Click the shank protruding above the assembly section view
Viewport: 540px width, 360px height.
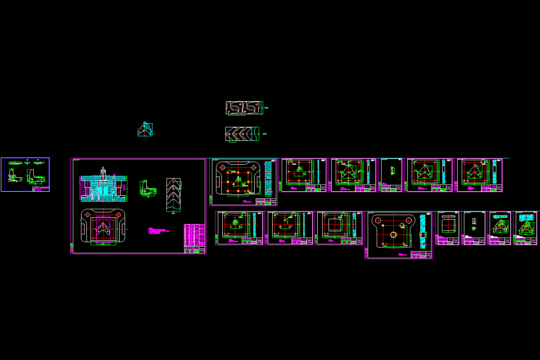click(x=103, y=171)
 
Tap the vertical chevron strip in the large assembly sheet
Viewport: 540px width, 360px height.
click(x=173, y=195)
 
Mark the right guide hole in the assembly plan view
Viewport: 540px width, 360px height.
click(x=118, y=214)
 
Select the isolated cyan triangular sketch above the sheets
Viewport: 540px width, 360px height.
click(x=145, y=130)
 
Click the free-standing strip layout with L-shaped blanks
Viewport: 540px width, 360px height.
click(x=243, y=108)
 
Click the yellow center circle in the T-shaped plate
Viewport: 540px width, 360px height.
click(x=393, y=234)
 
